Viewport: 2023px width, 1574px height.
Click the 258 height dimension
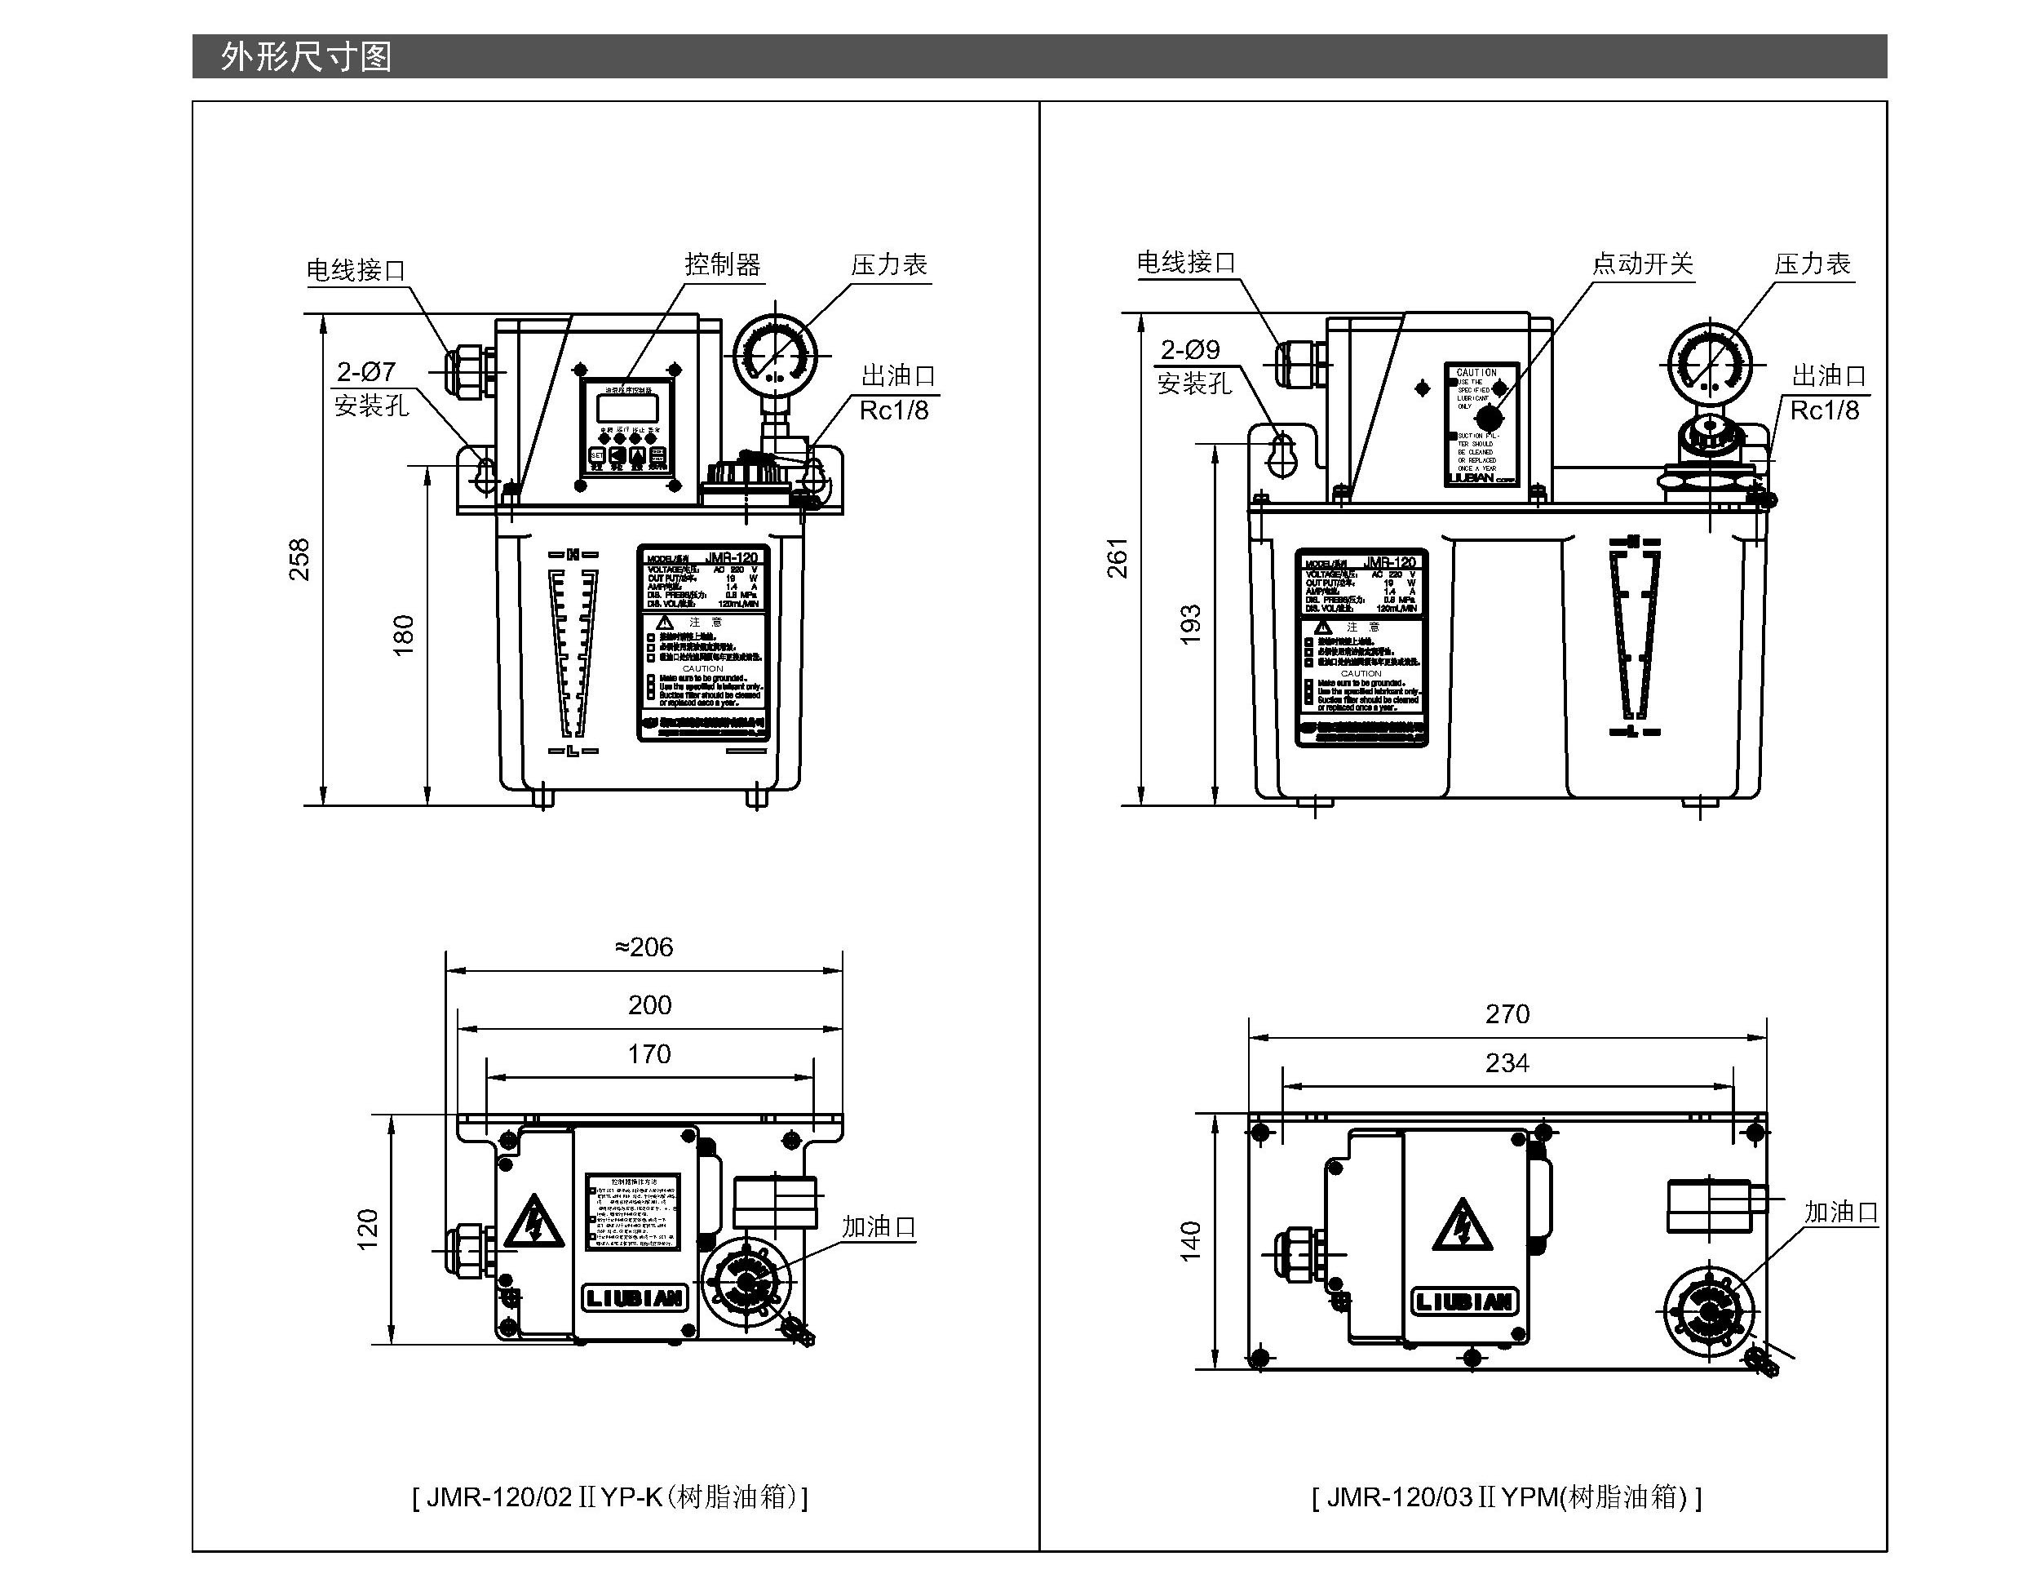(299, 559)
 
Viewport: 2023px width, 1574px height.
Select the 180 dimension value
(404, 635)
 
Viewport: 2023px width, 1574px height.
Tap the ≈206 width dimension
(644, 947)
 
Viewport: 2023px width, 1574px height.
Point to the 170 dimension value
(649, 1054)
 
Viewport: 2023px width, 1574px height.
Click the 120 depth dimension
(369, 1230)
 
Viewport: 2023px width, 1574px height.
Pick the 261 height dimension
(1118, 556)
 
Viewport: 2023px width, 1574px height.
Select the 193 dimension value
(1190, 624)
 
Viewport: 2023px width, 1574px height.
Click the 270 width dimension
(1507, 1013)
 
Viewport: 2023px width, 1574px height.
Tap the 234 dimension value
(1507, 1062)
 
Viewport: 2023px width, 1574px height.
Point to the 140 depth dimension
(1190, 1241)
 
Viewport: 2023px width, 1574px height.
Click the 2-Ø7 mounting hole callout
(366, 371)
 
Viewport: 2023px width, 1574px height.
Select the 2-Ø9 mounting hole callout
(1190, 349)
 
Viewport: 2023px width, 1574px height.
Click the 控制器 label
(723, 265)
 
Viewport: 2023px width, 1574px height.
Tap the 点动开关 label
(1642, 264)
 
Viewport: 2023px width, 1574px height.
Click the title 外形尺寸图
(306, 57)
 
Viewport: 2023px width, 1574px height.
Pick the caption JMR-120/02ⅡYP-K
(609, 1497)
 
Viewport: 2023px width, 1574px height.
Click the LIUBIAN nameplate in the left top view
(635, 1298)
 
